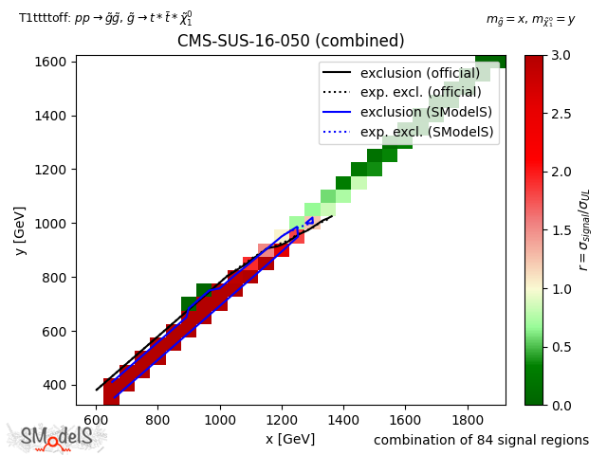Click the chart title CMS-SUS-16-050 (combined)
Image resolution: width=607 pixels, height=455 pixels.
[x=290, y=42]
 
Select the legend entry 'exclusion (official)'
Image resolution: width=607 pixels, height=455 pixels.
[x=420, y=74]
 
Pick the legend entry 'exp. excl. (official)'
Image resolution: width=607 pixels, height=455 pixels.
[x=420, y=93]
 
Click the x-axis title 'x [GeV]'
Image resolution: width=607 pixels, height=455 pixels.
[x=289, y=439]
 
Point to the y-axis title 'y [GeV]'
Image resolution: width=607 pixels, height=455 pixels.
[x=20, y=230]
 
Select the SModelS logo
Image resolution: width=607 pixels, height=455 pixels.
[x=57, y=437]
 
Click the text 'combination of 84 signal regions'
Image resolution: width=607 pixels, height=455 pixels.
[x=481, y=440]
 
